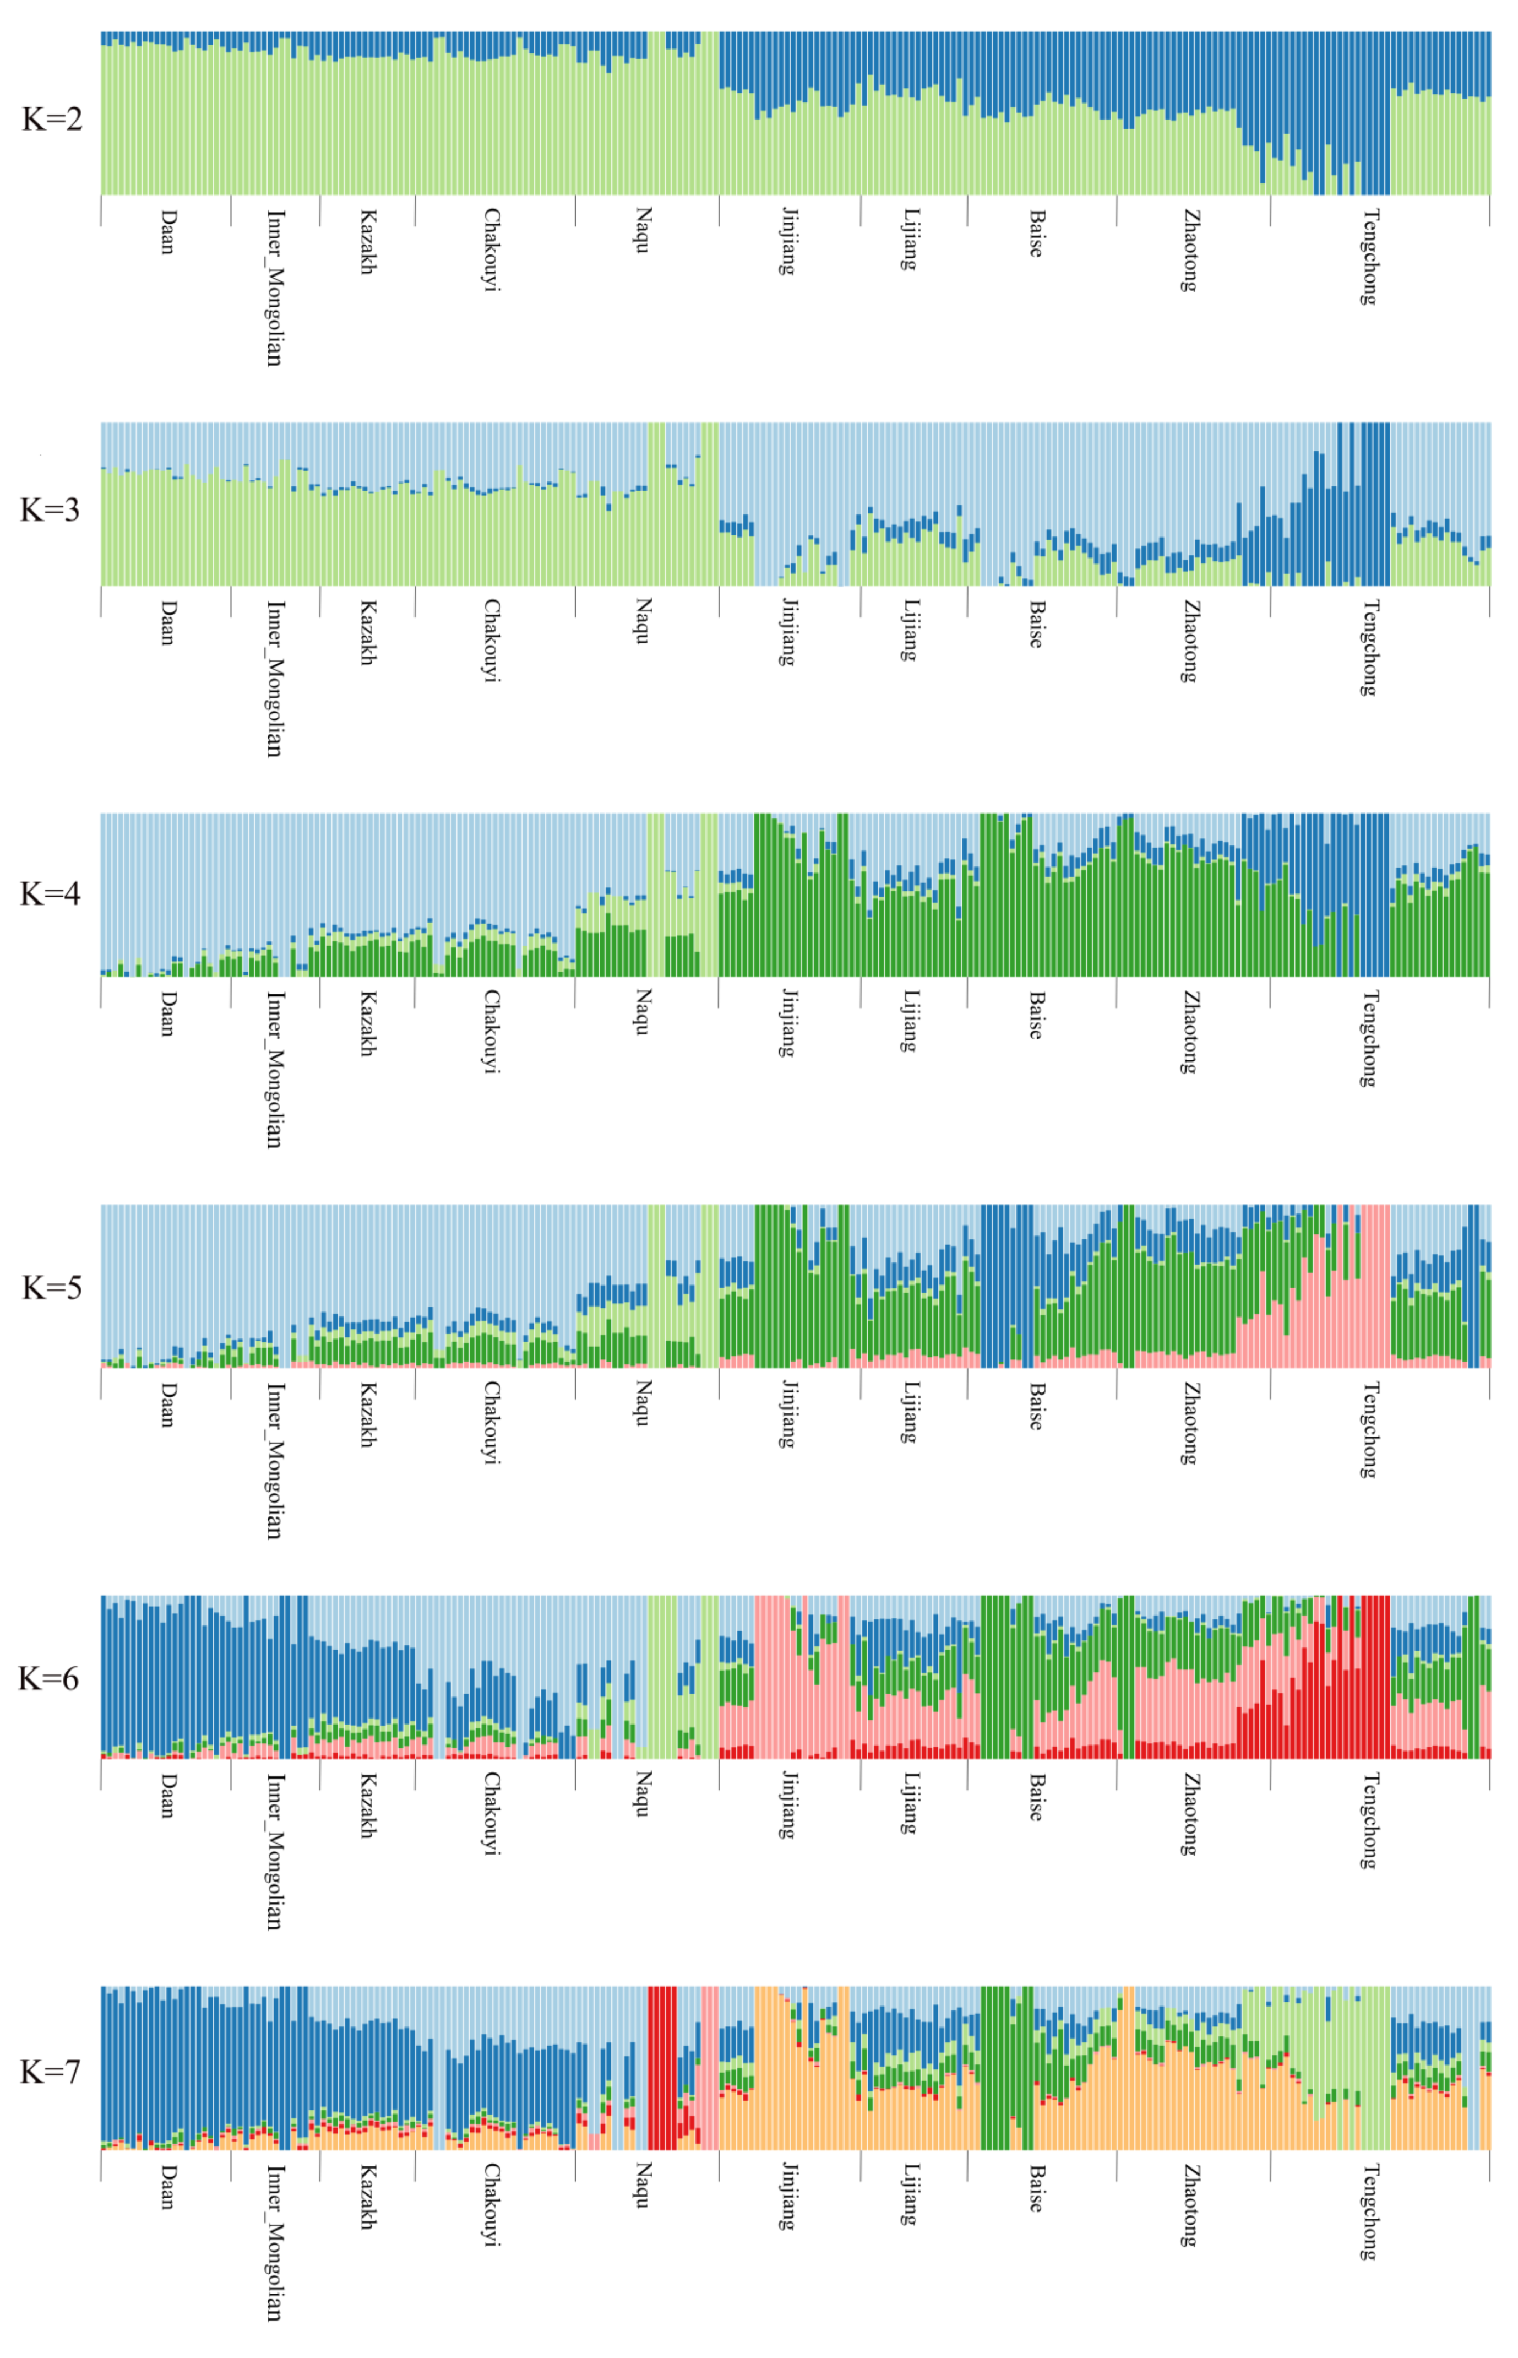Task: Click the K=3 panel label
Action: click(50, 509)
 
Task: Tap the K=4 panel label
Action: click(50, 894)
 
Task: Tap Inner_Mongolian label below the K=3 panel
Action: click(275, 678)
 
